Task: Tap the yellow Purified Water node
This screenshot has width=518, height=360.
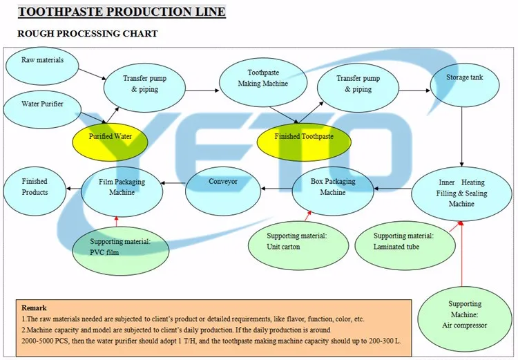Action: click(111, 137)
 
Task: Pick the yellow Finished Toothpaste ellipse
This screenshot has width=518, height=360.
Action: click(304, 137)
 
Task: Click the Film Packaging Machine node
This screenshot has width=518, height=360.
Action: click(122, 188)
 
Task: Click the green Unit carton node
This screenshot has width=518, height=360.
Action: click(297, 241)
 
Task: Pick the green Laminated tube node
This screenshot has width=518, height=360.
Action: click(404, 241)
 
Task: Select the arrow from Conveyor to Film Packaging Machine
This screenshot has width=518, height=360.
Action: click(173, 182)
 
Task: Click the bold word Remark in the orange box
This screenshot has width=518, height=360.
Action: click(35, 308)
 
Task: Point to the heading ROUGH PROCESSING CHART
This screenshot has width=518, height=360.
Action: click(87, 33)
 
